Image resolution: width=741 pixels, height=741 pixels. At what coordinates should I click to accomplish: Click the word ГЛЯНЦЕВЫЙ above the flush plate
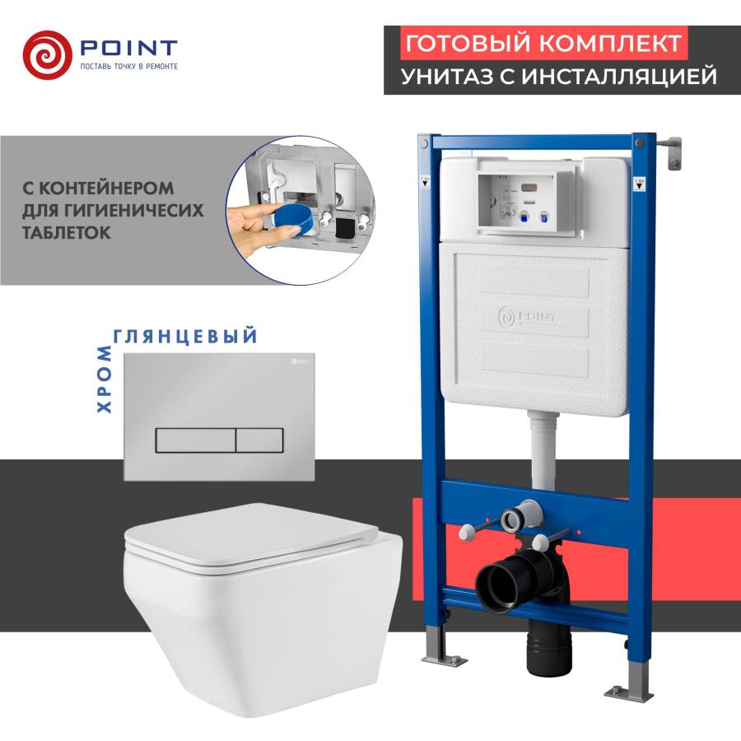[184, 336]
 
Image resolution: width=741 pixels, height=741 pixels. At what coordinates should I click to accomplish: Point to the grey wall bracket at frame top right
[673, 151]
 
